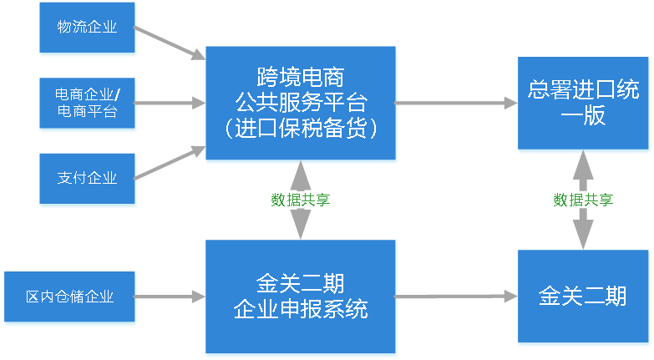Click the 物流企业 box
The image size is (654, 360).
click(87, 28)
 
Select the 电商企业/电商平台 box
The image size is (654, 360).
click(87, 103)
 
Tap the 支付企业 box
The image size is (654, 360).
click(87, 178)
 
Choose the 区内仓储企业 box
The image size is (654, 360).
click(69, 297)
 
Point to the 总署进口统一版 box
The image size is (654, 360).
click(583, 104)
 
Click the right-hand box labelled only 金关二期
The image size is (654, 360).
click(583, 297)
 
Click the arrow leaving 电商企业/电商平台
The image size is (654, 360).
click(170, 104)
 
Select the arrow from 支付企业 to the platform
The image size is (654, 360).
click(170, 164)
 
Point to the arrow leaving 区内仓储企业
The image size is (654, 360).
click(170, 297)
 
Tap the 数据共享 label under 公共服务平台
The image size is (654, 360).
click(301, 200)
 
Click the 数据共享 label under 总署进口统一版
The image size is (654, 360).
click(583, 200)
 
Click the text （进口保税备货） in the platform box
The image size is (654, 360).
click(301, 129)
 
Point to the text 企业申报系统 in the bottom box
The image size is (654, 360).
click(301, 310)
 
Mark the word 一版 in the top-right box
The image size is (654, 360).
click(583, 118)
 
